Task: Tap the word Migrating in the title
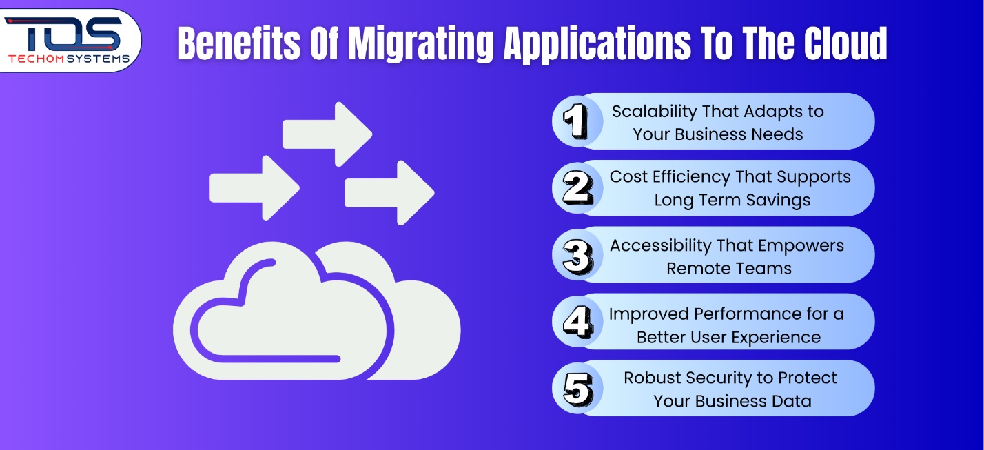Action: [420, 44]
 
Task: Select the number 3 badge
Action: [577, 256]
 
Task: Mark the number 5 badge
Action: [577, 389]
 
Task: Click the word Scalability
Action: [654, 112]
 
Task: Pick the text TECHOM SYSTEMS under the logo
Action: [68, 59]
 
